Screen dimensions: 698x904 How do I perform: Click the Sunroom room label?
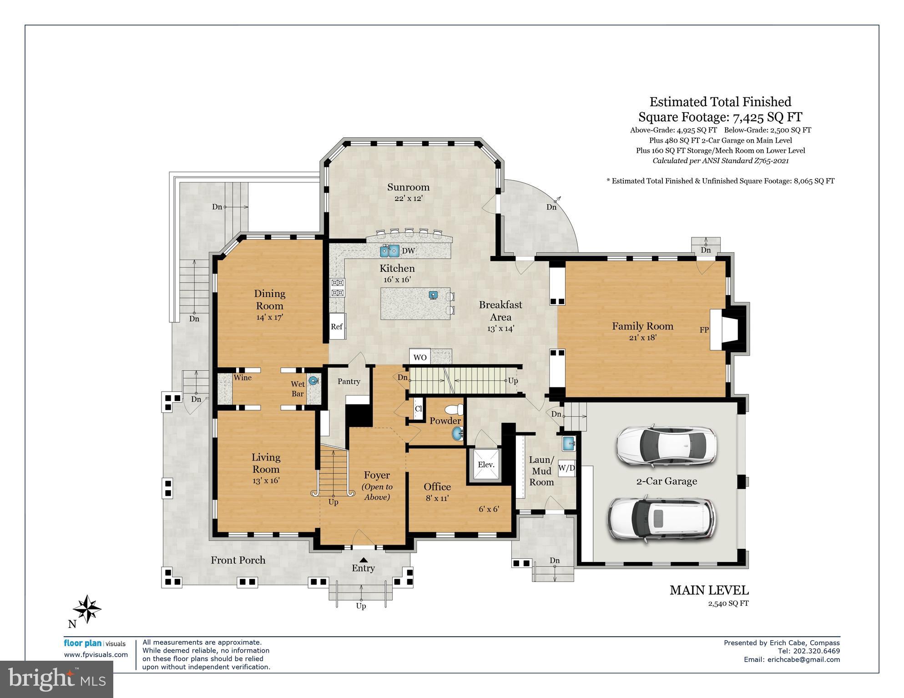[x=408, y=187]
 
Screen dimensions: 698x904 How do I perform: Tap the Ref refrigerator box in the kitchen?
[x=337, y=326]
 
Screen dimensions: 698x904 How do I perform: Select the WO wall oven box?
[x=420, y=357]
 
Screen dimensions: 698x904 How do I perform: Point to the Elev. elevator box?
[x=485, y=465]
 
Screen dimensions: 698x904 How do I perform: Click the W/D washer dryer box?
[x=566, y=467]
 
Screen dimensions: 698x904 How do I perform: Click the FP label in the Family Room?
[x=704, y=330]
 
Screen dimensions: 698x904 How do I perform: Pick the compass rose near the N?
[x=87, y=608]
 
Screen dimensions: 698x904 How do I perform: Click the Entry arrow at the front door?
[x=363, y=560]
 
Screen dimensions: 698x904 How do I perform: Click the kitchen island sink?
[x=433, y=295]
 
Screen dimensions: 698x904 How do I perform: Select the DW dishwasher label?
[x=408, y=251]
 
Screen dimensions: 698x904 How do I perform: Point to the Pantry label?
[x=349, y=382]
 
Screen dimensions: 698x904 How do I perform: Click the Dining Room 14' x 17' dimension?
[x=269, y=317]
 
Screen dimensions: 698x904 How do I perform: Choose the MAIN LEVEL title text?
[x=709, y=590]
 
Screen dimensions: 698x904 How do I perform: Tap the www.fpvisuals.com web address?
[x=96, y=655]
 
